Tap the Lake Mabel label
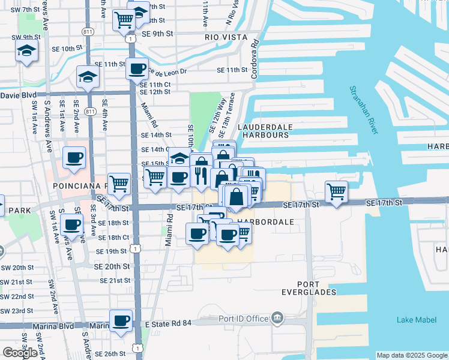click(x=417, y=320)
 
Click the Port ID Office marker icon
click(x=277, y=317)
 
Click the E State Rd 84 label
click(x=169, y=324)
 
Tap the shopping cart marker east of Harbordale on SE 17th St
click(x=337, y=191)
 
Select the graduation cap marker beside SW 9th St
click(x=27, y=51)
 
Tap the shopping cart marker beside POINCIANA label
click(x=119, y=183)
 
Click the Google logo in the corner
click(x=20, y=352)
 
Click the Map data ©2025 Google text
click(x=411, y=355)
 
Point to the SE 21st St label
click(x=115, y=280)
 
